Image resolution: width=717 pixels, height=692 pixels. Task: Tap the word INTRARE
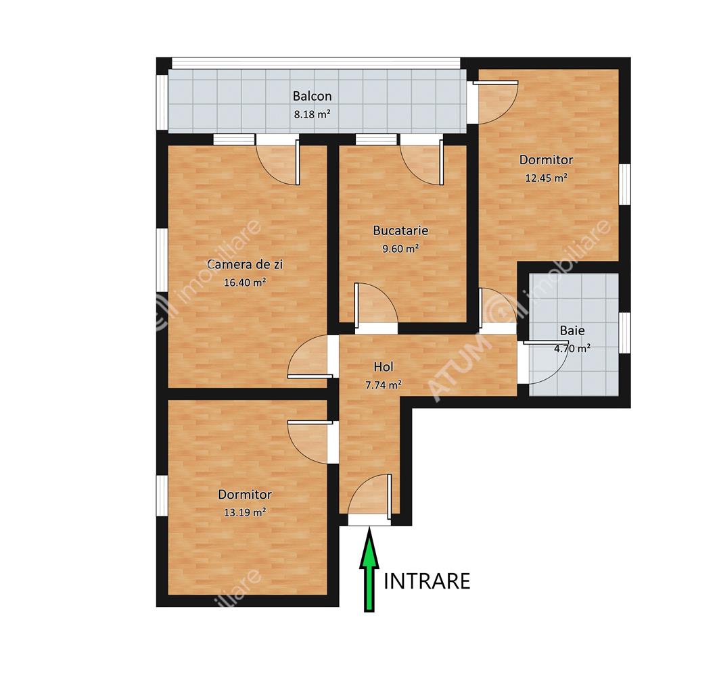tap(427, 581)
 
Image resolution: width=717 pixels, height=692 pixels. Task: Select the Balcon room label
tap(313, 96)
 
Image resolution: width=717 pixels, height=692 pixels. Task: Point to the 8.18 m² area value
tap(313, 114)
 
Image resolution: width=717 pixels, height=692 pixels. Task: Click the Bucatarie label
tap(400, 230)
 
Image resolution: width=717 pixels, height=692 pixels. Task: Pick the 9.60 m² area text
tap(400, 249)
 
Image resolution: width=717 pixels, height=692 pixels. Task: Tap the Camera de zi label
tap(245, 264)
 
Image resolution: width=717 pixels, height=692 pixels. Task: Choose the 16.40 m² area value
tap(245, 282)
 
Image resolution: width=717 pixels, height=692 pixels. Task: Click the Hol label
tap(384, 366)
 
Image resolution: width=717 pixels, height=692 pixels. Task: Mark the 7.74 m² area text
tap(384, 385)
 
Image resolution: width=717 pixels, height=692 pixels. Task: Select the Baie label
tap(572, 330)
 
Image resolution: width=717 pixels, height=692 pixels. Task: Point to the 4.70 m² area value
tap(572, 349)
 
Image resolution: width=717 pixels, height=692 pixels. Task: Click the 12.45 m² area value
tap(546, 178)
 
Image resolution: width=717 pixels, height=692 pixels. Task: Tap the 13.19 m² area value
tap(245, 512)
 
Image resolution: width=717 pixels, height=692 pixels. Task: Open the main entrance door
tap(370, 499)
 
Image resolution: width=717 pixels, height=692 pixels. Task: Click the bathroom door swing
tap(544, 363)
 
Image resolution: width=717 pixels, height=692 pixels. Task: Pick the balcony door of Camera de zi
tap(278, 160)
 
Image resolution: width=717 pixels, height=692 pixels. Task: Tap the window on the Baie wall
tap(624, 333)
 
